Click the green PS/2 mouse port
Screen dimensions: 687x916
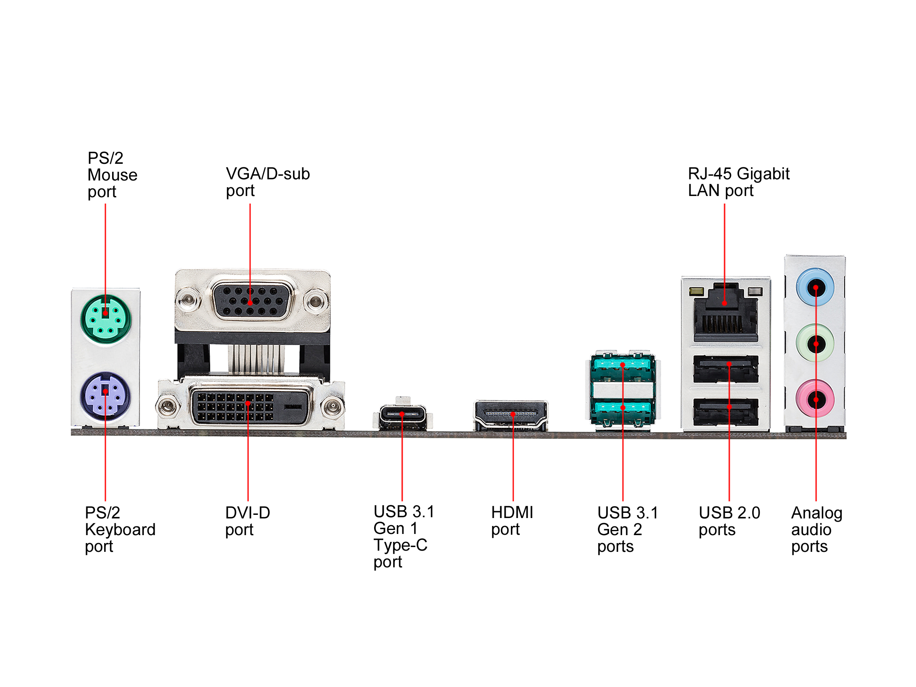pyautogui.click(x=106, y=319)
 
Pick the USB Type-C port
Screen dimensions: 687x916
pyautogui.click(x=402, y=415)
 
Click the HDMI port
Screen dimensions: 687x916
pyautogui.click(x=511, y=415)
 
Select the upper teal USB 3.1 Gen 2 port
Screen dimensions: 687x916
pyautogui.click(x=623, y=365)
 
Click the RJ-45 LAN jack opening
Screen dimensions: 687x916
pyautogui.click(x=725, y=316)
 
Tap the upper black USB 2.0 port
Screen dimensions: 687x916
pyautogui.click(x=726, y=369)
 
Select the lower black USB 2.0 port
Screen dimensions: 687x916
pyautogui.click(x=726, y=411)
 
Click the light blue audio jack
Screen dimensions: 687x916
pyautogui.click(x=815, y=287)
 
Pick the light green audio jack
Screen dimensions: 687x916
pyautogui.click(x=815, y=343)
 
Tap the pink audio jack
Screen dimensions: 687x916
pyautogui.click(x=815, y=399)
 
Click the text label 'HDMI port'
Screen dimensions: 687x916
pyautogui.click(x=512, y=521)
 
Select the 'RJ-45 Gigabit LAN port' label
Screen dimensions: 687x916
pyautogui.click(x=738, y=182)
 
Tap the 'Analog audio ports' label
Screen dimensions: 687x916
pyautogui.click(x=816, y=530)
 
